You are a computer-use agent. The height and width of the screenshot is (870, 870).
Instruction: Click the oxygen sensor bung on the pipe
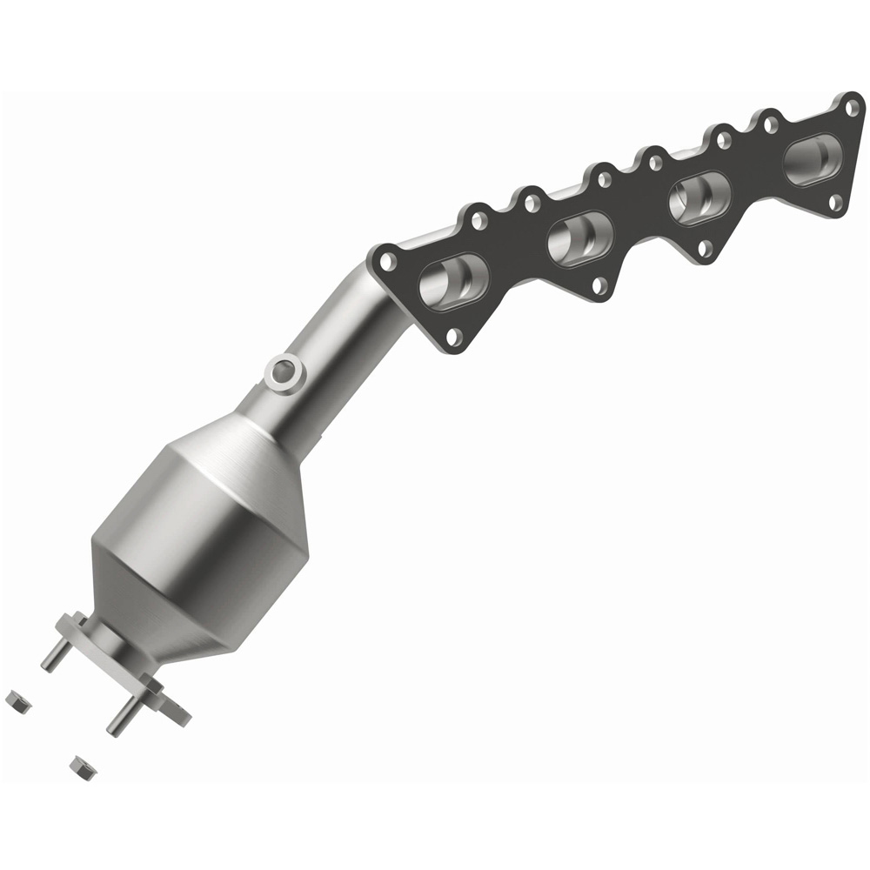(284, 372)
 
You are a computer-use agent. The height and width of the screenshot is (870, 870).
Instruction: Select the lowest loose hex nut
(81, 766)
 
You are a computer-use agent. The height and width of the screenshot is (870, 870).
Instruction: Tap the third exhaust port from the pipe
(699, 197)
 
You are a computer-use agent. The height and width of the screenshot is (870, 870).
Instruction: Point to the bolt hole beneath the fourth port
(835, 203)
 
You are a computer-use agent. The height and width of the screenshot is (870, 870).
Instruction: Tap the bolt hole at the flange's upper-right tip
(852, 107)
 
